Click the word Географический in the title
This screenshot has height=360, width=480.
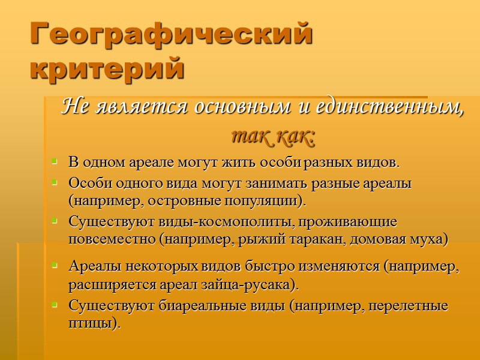point(172,35)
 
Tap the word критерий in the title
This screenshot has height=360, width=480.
point(107,68)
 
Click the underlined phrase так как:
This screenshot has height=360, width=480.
point(272,137)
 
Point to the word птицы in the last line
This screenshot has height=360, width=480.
point(94,324)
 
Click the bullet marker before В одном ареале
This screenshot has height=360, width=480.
point(55,163)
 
